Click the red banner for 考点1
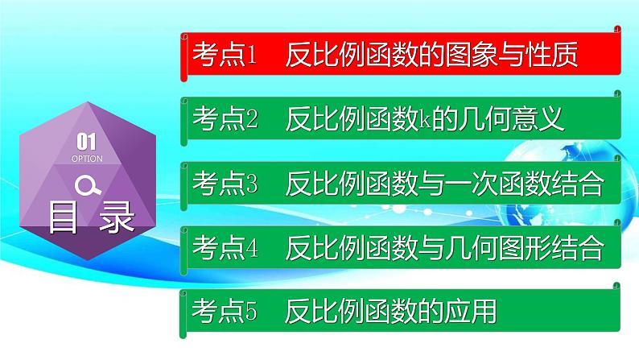coord(401,54)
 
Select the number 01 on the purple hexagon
coord(86,142)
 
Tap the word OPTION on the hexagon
coord(87,159)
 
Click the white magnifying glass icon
coord(88,185)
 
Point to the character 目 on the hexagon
coord(63,217)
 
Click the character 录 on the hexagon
coord(117,217)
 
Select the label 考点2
coord(225,118)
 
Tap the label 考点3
coord(225,183)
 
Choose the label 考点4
coord(225,247)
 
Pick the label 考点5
coord(225,311)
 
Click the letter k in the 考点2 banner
coord(425,118)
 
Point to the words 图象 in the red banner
coord(472,55)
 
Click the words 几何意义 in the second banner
coord(512,118)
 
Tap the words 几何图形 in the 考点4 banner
coord(498,247)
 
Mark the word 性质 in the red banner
coord(552,55)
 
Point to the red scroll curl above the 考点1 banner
coord(617,29)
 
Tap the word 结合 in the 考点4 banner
coord(578,247)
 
